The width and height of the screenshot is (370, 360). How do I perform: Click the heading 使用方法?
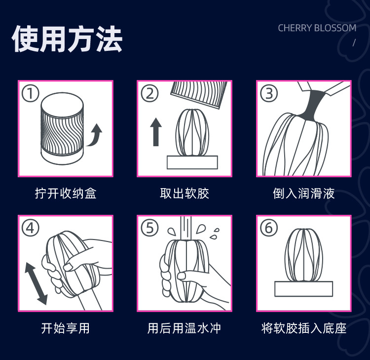(67, 39)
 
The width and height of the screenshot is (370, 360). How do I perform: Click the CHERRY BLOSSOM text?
(317, 28)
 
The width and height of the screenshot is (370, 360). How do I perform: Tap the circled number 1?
(30, 93)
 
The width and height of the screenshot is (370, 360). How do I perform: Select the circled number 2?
(149, 93)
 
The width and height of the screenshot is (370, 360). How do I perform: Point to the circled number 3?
(269, 93)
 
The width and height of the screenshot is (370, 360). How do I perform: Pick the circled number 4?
(30, 228)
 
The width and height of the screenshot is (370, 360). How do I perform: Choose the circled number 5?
(149, 228)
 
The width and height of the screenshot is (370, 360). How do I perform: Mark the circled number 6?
(269, 228)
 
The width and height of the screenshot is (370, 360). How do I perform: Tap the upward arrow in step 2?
(156, 132)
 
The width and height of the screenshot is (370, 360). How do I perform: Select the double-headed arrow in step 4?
(37, 283)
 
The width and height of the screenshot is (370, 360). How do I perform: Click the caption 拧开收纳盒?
(66, 193)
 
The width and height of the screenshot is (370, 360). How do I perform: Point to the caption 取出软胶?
(185, 193)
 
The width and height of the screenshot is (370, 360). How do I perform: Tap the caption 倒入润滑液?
(304, 193)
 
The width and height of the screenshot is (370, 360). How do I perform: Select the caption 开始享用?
(66, 328)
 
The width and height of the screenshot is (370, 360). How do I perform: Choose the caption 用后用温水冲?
(185, 328)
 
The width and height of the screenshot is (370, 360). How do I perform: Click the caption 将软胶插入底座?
(304, 328)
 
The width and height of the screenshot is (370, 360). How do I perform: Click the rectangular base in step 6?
(304, 289)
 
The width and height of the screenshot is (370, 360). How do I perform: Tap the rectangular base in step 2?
(192, 162)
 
